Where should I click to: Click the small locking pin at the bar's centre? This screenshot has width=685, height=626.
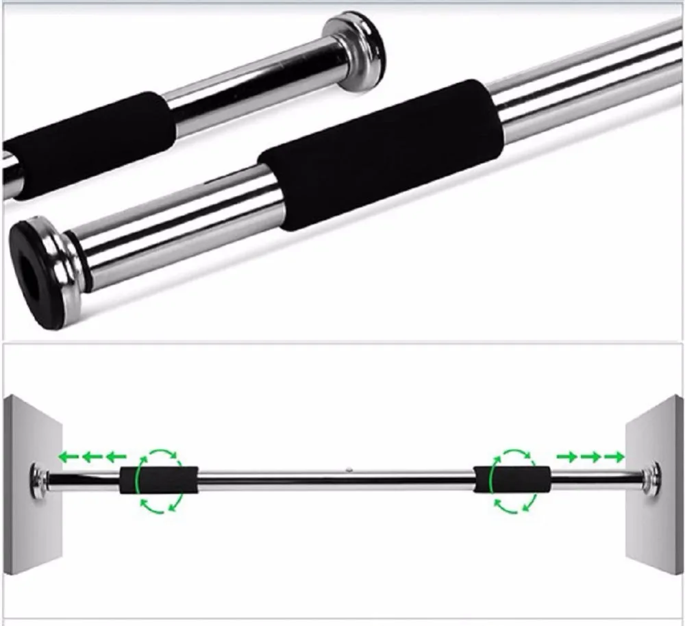point(349,471)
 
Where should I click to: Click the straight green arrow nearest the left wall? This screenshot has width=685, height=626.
point(68,455)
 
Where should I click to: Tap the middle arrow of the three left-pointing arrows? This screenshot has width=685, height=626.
point(92,455)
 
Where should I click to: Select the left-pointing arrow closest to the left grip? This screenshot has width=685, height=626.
point(116,455)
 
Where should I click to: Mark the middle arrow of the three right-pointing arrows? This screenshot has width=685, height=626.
point(591,456)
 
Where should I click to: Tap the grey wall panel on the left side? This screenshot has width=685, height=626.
point(31,425)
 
